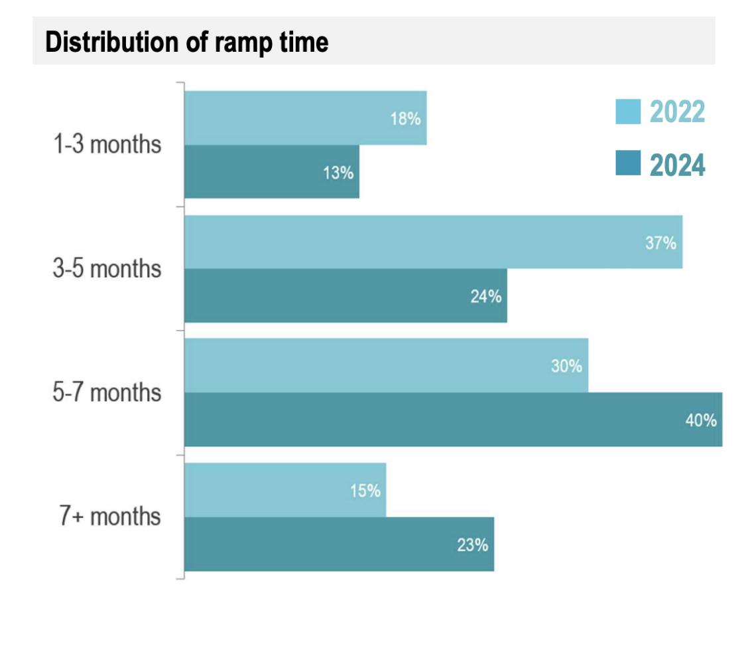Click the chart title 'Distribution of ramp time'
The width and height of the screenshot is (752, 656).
tap(186, 42)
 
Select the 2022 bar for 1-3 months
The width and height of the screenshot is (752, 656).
tap(305, 118)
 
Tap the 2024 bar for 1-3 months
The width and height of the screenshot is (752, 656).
tap(271, 171)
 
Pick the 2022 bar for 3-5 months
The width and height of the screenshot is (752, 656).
tap(434, 242)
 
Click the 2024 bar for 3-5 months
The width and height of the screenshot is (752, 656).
tap(345, 296)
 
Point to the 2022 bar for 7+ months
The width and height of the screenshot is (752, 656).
tap(285, 490)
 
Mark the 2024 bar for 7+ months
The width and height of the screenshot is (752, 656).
tap(339, 544)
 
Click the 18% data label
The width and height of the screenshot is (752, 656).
tap(405, 120)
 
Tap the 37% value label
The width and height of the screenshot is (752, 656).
tap(660, 243)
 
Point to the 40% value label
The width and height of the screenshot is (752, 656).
tap(701, 420)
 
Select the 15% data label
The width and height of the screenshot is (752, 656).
tap(365, 491)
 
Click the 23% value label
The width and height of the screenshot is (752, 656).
tap(472, 545)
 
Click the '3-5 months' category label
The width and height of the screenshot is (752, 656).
tap(106, 270)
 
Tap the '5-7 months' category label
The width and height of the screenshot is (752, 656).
tap(106, 393)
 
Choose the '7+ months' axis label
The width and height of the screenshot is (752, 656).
tap(109, 517)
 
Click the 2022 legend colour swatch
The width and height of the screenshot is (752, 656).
tap(628, 112)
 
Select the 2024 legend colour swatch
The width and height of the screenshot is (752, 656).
tap(628, 163)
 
